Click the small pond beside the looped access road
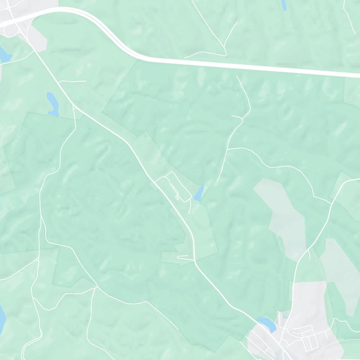click(198, 193)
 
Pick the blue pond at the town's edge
click(265, 323)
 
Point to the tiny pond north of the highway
click(283, 4)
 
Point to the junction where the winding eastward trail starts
click(228, 148)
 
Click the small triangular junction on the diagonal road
click(74, 107)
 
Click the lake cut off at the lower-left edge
click(2, 317)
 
